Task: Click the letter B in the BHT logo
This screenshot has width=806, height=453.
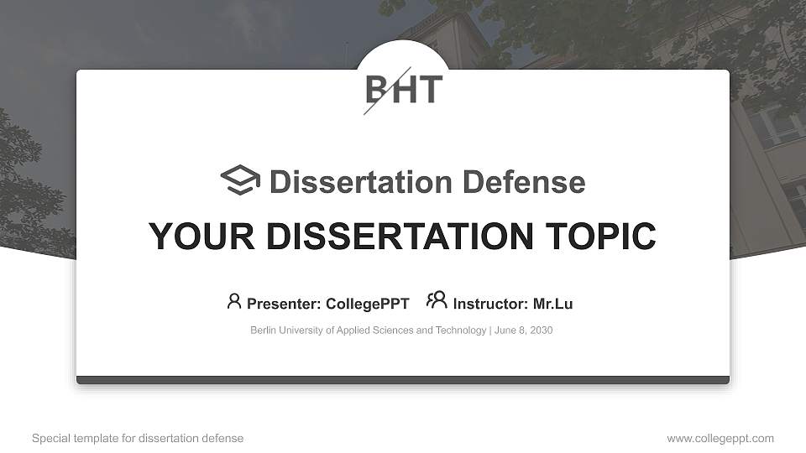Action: click(x=377, y=89)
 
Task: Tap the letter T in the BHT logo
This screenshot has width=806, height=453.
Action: click(x=430, y=89)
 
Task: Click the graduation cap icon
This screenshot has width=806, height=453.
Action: click(x=240, y=180)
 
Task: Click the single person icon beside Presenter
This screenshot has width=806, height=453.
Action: click(x=234, y=301)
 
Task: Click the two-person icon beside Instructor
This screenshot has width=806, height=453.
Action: click(x=437, y=300)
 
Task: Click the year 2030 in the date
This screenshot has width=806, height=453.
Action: click(x=541, y=331)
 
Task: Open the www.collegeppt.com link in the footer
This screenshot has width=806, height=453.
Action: click(x=720, y=439)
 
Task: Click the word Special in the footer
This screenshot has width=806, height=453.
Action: click(x=50, y=439)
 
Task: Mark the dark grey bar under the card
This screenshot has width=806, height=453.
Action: click(x=403, y=380)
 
